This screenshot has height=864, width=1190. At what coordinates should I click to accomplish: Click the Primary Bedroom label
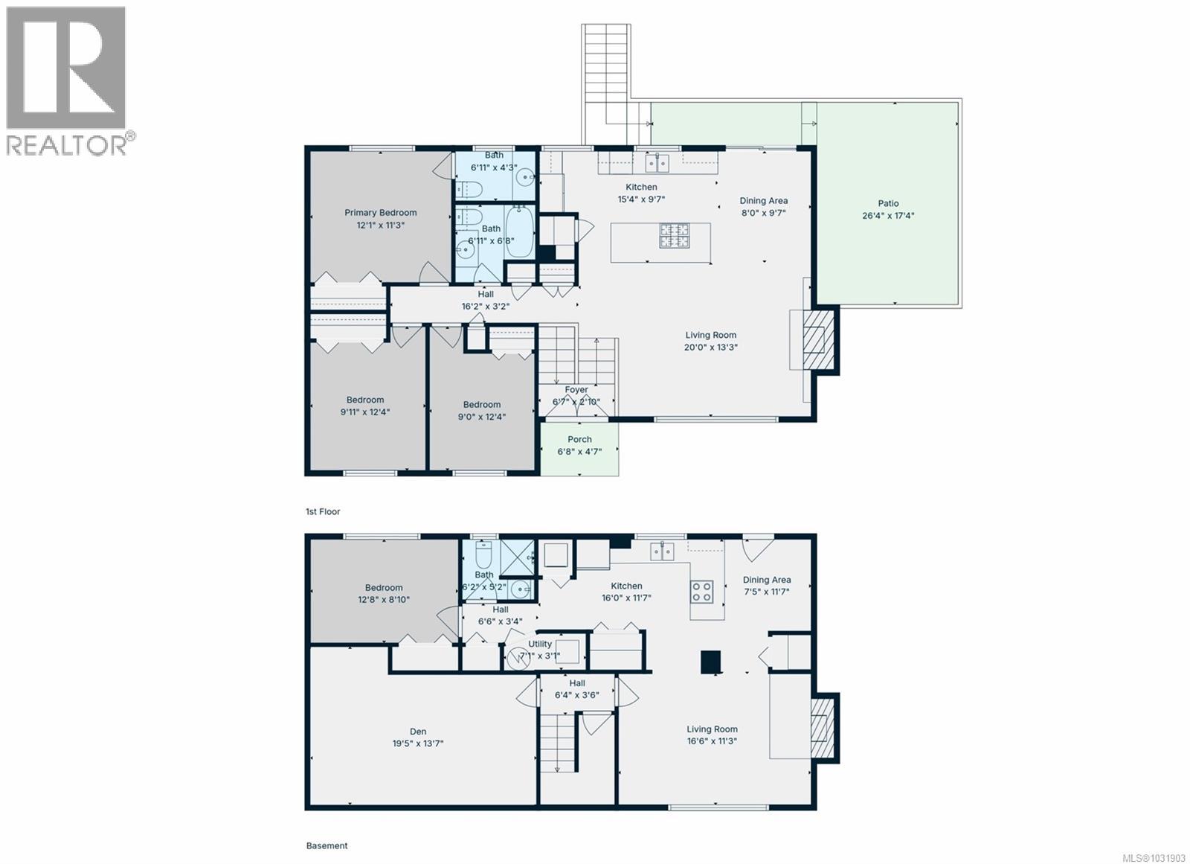[x=380, y=213]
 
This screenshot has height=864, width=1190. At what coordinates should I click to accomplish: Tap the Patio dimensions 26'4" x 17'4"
[x=889, y=216]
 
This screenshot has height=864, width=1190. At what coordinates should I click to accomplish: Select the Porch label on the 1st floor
[x=579, y=439]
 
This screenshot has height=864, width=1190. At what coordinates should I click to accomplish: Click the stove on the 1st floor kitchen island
[x=674, y=235]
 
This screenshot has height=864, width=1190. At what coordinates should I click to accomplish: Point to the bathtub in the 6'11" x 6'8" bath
[x=519, y=232]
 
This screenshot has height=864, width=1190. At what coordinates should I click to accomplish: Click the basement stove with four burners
[x=701, y=592]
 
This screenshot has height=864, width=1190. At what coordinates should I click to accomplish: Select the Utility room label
[x=540, y=644]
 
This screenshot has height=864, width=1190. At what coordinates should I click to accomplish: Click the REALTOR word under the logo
[x=67, y=145]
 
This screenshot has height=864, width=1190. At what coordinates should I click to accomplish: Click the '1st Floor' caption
[x=323, y=512]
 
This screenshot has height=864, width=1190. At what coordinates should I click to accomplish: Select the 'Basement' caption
[x=327, y=845]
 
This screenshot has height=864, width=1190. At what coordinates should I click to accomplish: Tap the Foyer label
[x=576, y=390]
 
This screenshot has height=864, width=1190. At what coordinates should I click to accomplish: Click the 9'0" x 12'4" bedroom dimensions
[x=481, y=417]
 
